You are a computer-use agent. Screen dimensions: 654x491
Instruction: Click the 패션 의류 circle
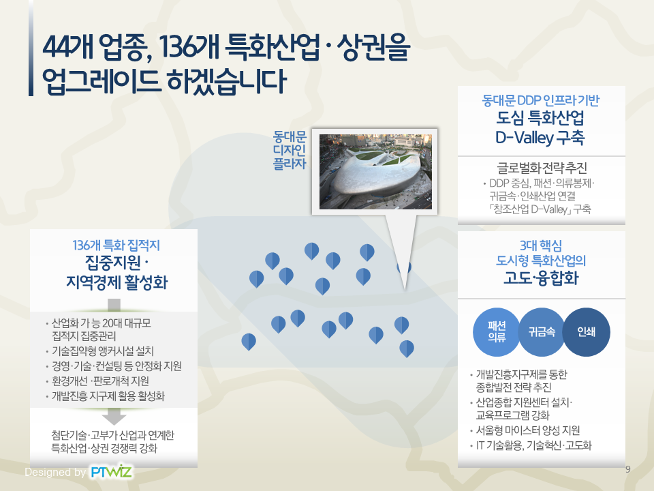pyautogui.click(x=497, y=332)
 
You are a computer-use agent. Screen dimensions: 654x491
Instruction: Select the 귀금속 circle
pyautogui.click(x=542, y=332)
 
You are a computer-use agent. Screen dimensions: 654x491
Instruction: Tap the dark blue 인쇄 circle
pyautogui.click(x=586, y=332)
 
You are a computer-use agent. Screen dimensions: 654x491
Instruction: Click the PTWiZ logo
pyautogui.click(x=111, y=472)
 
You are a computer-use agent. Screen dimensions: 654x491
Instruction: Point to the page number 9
pyautogui.click(x=627, y=469)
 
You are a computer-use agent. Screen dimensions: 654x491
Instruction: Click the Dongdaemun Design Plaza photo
pyautogui.click(x=375, y=172)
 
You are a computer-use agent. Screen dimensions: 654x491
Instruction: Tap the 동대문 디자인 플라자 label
pyautogui.click(x=290, y=150)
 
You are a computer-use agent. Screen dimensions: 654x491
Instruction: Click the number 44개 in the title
pyautogui.click(x=68, y=47)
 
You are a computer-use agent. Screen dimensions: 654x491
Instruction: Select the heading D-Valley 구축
pyautogui.click(x=540, y=137)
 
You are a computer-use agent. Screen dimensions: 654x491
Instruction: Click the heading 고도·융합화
pyautogui.click(x=541, y=278)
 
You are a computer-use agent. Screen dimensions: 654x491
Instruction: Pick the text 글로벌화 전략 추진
pyautogui.click(x=542, y=168)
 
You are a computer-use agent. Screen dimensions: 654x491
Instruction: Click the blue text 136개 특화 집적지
pyautogui.click(x=116, y=245)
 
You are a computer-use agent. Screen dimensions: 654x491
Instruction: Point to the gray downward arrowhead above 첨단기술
pyautogui.click(x=114, y=417)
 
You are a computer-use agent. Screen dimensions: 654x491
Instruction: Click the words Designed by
pyautogui.click(x=55, y=472)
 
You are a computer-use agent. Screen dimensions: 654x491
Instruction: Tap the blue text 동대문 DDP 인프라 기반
pyautogui.click(x=540, y=100)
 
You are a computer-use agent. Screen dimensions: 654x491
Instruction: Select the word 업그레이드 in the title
pyautogui.click(x=101, y=81)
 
